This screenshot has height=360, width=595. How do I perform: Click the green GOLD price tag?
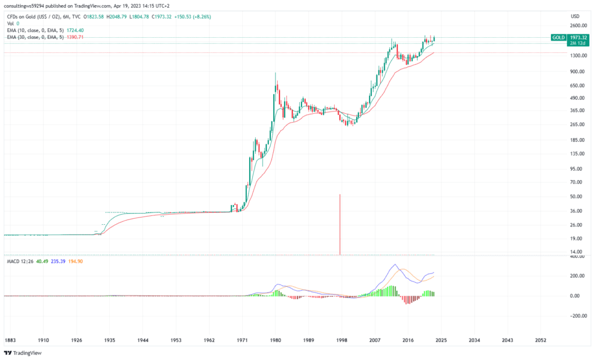click(558, 37)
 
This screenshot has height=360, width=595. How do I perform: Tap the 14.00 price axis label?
click(576, 251)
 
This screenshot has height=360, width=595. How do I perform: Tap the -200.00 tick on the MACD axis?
click(576, 316)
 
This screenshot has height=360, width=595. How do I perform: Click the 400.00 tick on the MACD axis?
click(576, 256)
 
